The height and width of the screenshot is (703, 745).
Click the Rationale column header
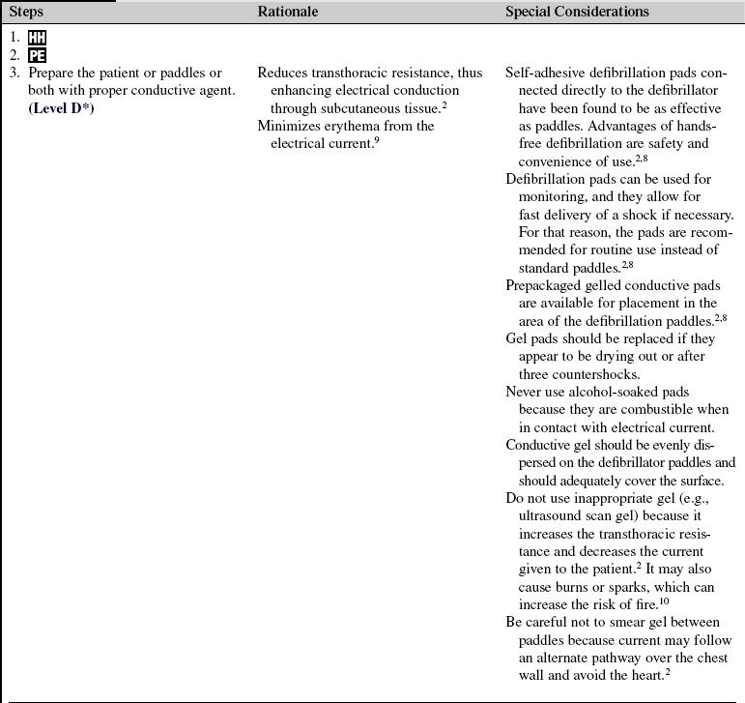coord(287,12)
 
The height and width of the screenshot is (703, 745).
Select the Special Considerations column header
coord(577,12)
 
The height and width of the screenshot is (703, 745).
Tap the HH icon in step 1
coord(37,40)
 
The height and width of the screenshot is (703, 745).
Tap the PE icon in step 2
coord(37,56)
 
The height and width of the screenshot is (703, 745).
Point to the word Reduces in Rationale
coord(284,73)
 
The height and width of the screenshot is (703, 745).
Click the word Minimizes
coord(290,126)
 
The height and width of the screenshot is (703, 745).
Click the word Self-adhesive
coord(544,73)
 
